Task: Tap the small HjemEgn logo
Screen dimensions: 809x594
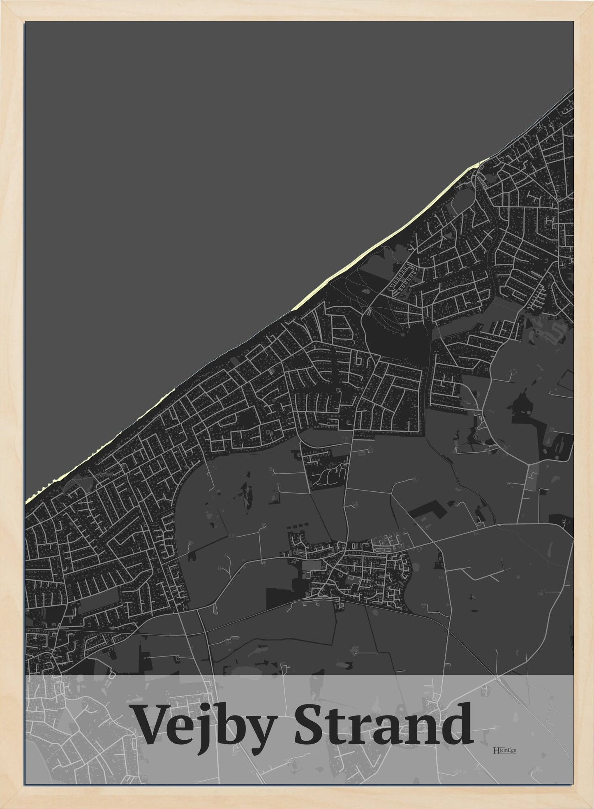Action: pyautogui.click(x=504, y=750)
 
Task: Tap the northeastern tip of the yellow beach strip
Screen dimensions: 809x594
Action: pyautogui.click(x=489, y=158)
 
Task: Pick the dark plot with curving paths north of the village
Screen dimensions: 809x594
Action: pyautogui.click(x=326, y=478)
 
